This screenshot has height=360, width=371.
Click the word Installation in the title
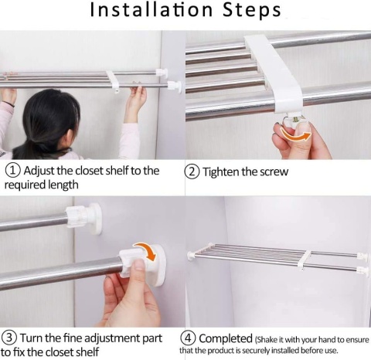[151, 10]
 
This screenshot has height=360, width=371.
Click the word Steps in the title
[251, 10]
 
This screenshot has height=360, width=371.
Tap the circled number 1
[13, 171]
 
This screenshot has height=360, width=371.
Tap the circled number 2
[192, 172]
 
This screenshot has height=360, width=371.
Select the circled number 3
[9, 338]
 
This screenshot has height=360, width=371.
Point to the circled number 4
[189, 338]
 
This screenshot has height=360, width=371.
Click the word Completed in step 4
[226, 338]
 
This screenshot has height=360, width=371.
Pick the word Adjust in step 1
[39, 171]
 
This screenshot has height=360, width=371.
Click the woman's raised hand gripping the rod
[135, 103]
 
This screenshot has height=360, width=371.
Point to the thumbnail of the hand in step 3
[139, 265]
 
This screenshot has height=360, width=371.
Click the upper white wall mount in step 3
[84, 219]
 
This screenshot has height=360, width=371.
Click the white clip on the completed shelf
[305, 260]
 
